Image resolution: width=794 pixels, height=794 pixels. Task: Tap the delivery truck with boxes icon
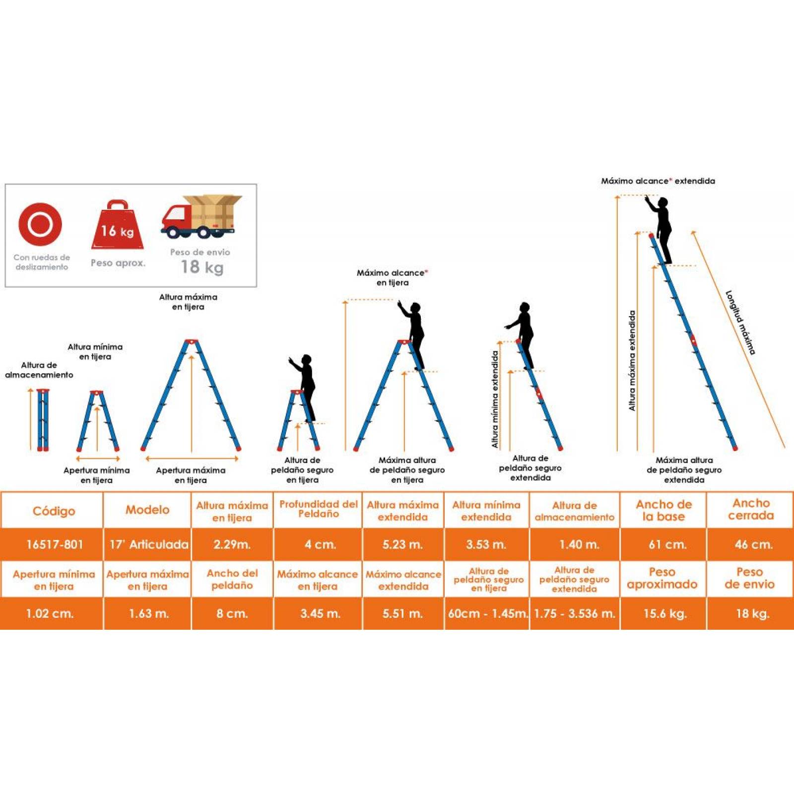tap(201, 216)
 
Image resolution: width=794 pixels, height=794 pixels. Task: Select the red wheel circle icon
tap(40, 224)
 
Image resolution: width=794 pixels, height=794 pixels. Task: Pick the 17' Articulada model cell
tap(148, 544)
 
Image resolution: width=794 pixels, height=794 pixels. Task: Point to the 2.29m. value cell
tap(232, 544)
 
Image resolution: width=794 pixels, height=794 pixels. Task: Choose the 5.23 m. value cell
tap(403, 544)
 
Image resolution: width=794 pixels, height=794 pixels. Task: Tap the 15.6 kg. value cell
tap(664, 613)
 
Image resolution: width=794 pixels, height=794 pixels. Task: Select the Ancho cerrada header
tap(751, 510)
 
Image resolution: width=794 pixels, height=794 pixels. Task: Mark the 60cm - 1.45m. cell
tap(487, 613)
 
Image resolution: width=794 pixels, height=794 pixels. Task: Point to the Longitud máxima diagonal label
tap(740, 323)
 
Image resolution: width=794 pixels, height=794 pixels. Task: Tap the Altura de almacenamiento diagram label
tap(39, 370)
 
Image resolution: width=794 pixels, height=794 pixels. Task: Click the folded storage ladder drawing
tap(43, 420)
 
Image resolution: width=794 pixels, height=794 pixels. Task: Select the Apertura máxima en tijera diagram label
tap(191, 475)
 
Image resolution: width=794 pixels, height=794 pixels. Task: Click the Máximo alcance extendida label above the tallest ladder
tap(658, 181)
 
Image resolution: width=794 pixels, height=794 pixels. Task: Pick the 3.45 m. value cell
tap(318, 613)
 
